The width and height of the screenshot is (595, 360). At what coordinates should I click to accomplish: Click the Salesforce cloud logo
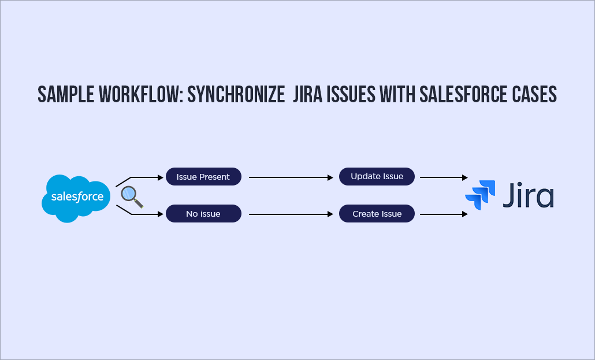click(77, 196)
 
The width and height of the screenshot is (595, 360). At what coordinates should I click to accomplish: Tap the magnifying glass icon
click(131, 197)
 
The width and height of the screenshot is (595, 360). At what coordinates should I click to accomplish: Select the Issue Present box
click(203, 177)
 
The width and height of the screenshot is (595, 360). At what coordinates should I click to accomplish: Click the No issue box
click(203, 214)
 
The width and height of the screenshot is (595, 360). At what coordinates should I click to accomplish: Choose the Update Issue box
click(377, 176)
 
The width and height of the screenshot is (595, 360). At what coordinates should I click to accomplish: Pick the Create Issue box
click(377, 214)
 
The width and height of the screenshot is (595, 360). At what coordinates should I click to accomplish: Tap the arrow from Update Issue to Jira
click(444, 177)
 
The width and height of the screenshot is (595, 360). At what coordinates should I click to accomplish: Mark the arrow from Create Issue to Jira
click(444, 214)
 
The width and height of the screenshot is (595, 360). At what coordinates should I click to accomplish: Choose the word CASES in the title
click(535, 94)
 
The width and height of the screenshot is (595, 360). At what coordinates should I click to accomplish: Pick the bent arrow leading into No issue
click(142, 213)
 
